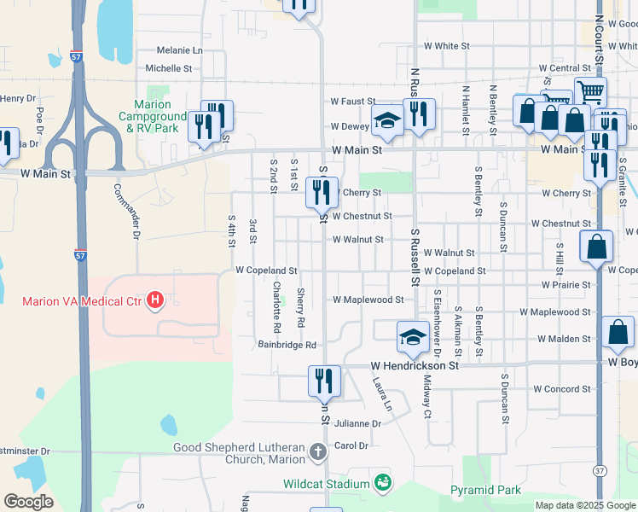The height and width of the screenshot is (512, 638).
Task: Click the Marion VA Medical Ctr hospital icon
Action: coord(155,300)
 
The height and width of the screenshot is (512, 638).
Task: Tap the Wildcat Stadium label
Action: coord(326,484)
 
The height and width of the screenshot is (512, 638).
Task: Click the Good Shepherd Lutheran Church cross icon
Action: coord(317,451)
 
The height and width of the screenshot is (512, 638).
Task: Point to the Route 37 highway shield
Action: coord(600,470)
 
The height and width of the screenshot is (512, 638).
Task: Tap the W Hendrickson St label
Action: coord(415,365)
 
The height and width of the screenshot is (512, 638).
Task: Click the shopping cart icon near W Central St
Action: coord(590,90)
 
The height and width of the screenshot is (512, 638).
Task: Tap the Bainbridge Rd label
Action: coord(287,346)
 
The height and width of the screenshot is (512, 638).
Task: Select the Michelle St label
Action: coord(168,68)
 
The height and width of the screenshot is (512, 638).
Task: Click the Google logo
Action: coord(28,501)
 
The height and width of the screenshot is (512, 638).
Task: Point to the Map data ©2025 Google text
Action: coord(584,505)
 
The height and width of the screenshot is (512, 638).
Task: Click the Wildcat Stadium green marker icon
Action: coord(383,483)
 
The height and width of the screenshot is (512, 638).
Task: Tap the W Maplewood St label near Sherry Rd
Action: coord(368,300)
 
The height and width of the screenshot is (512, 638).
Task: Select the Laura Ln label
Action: coord(380,396)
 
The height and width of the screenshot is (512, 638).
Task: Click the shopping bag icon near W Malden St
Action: coord(618,333)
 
